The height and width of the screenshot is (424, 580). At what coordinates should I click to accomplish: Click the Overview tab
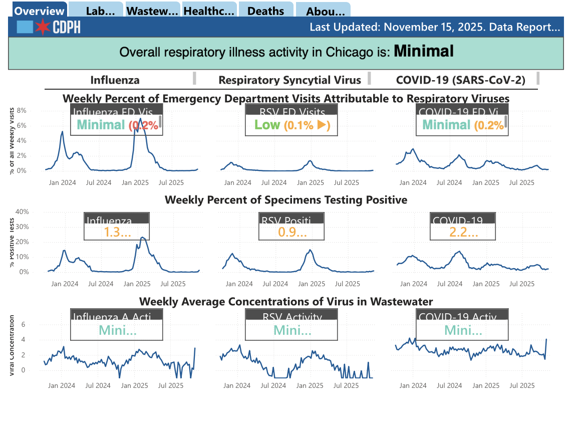[x=39, y=11]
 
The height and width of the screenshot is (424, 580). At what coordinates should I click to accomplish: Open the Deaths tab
[x=265, y=11]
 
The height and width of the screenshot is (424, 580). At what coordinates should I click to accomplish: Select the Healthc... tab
[x=209, y=11]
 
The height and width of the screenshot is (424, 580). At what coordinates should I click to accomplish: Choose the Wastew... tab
[x=152, y=11]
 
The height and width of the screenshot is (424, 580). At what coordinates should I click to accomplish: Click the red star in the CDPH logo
[x=43, y=27]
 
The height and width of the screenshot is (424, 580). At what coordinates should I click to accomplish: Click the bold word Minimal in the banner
[x=424, y=51]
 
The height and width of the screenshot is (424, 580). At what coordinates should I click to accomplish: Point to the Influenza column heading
[x=115, y=80]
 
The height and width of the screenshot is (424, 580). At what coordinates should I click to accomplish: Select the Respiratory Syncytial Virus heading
[x=289, y=80]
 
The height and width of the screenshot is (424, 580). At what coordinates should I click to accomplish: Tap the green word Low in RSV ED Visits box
[x=267, y=125]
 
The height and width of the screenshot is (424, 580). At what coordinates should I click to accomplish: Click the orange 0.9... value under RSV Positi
[x=292, y=232]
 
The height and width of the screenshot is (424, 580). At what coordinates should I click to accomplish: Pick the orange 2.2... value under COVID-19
[x=463, y=232]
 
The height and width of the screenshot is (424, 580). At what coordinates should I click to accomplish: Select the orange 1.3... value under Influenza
[x=117, y=232]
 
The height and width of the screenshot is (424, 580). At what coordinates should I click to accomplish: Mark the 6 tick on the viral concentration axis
[x=23, y=324]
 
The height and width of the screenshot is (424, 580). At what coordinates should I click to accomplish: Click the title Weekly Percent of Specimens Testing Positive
[x=286, y=200]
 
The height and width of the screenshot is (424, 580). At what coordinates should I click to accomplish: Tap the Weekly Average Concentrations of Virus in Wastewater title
[x=286, y=301]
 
